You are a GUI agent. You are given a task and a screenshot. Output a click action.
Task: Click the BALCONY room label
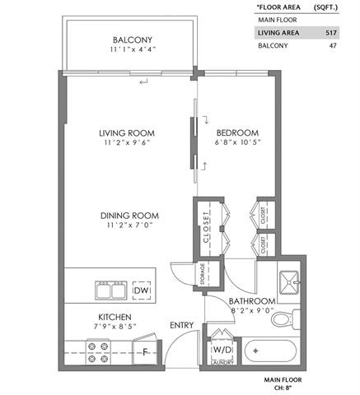coord(133,39)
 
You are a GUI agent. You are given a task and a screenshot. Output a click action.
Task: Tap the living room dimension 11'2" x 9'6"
coord(127,142)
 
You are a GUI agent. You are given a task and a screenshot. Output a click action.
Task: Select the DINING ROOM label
coord(129,216)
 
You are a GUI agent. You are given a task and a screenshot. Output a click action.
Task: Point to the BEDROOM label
coord(237,133)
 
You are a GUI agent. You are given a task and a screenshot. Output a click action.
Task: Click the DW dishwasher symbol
coord(142,290)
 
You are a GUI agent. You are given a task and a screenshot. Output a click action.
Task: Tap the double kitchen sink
coord(111,290)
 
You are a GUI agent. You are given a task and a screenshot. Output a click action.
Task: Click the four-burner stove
coord(98,352)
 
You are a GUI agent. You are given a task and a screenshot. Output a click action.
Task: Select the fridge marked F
coord(145,351)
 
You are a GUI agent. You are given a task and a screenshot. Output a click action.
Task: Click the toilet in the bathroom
coord(286,319)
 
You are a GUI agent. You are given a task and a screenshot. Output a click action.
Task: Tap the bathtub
coord(270,351)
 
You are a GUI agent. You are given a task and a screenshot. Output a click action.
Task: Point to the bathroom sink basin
coord(289,282)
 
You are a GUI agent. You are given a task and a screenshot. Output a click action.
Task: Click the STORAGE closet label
coord(203,274)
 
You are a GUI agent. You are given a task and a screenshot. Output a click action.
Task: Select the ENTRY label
coord(182,325)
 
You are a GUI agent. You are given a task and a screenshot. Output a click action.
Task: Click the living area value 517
coord(331,33)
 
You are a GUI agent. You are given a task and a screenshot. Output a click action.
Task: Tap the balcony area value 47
coord(333,45)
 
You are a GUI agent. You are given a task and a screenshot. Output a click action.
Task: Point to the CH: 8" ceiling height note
coord(283,388)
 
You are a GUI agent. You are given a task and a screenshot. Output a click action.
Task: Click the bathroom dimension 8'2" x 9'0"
coord(253,310)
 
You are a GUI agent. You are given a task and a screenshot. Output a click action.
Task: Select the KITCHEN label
coord(115,317)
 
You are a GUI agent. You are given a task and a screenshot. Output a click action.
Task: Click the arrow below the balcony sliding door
coord(143,81)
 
